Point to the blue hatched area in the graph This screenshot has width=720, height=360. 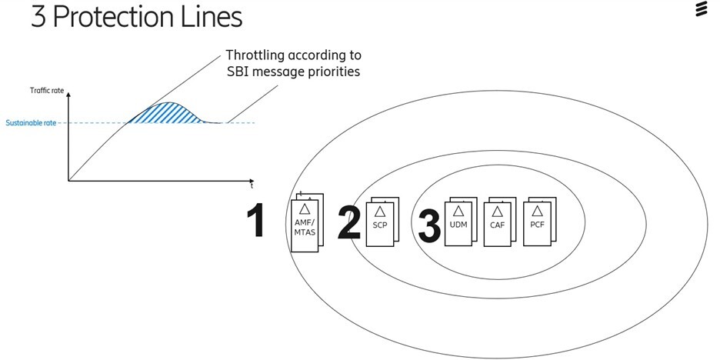click(165, 114)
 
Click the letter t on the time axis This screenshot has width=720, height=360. click(252, 186)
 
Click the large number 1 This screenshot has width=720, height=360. click(255, 221)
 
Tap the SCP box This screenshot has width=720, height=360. click(379, 225)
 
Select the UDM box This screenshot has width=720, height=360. click(458, 224)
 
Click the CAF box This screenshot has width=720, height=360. click(497, 224)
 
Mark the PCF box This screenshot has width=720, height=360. click(537, 224)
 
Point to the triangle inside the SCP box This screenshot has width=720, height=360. click(379, 211)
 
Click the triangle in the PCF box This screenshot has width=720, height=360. click(537, 210)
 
